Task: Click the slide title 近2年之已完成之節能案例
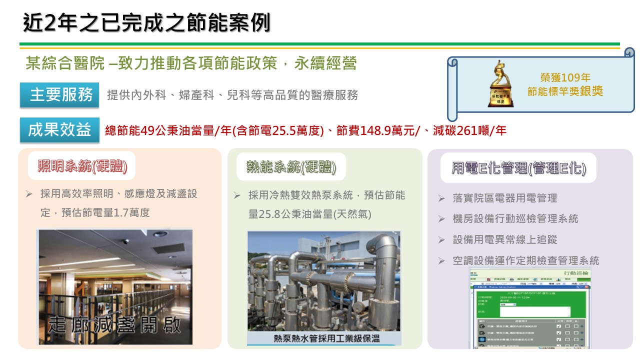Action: tap(146, 23)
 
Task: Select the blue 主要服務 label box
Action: tap(59, 95)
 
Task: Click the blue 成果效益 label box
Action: tap(59, 130)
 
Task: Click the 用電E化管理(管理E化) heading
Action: tap(518, 168)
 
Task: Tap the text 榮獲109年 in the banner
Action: tap(565, 77)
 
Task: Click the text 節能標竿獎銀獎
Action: tap(565, 91)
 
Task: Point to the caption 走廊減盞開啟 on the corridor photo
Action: tap(115, 325)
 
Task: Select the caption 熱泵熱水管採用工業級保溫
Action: tap(326, 338)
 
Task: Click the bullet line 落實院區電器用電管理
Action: tap(505, 198)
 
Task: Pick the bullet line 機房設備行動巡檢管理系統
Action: tap(515, 218)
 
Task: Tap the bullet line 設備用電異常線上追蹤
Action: tap(505, 239)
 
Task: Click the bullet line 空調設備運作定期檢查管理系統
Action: tap(526, 260)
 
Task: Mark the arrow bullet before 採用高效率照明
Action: tap(29, 193)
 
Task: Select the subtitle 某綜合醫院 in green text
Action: tap(65, 64)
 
